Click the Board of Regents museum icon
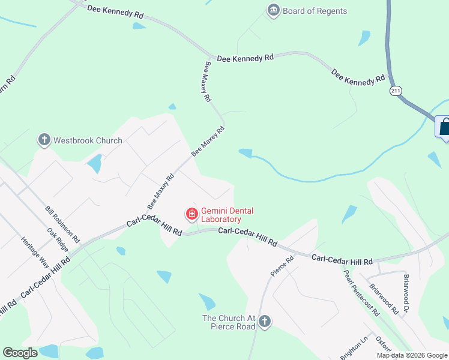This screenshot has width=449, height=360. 274,11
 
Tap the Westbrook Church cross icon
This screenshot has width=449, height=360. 44,140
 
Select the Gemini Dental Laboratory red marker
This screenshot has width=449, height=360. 192,214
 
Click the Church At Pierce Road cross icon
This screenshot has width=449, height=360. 264,323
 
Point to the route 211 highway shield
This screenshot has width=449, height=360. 395,91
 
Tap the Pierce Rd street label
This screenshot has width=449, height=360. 282,266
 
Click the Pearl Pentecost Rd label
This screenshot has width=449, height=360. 362,293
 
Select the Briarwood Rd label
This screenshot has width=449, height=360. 384,299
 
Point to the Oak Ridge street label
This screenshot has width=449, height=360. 58,239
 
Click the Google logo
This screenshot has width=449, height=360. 20,353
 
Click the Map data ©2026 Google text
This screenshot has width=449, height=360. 411,355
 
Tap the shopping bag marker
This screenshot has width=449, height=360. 444,127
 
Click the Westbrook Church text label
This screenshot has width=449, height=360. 88,140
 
